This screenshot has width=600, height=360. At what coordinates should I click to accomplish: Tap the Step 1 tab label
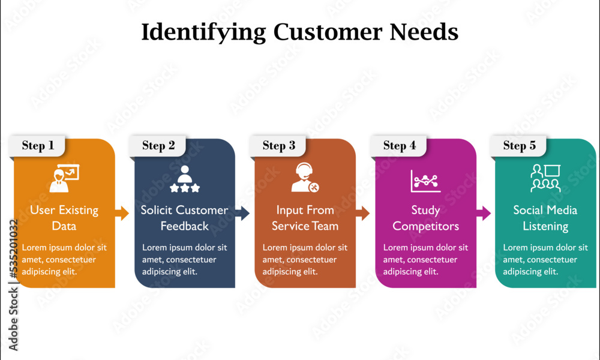(38, 145)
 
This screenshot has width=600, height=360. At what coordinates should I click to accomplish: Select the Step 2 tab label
(158, 145)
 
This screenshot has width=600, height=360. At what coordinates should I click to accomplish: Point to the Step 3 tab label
(279, 145)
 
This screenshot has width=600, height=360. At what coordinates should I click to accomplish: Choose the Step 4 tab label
(400, 145)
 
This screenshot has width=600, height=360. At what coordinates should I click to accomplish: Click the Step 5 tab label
(520, 145)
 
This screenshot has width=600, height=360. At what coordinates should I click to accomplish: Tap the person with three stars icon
(184, 179)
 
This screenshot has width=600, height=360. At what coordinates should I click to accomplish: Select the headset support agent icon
(305, 178)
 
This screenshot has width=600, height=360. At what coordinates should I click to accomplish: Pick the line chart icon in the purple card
(425, 181)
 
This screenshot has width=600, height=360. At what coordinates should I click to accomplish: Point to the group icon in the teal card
(545, 179)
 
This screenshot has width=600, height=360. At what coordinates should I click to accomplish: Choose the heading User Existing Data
(64, 218)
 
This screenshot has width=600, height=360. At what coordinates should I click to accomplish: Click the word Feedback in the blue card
(184, 226)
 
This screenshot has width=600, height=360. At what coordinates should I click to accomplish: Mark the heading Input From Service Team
(305, 218)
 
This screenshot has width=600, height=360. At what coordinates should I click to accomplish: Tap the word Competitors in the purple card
(425, 226)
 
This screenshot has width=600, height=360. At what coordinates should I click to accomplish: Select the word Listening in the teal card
(545, 226)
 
